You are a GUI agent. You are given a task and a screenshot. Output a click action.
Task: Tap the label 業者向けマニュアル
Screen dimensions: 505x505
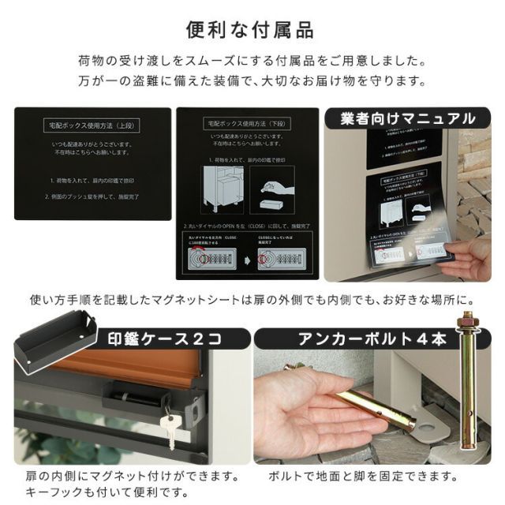click(x=407, y=119)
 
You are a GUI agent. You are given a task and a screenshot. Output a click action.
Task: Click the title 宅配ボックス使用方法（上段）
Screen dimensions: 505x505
click(x=93, y=126)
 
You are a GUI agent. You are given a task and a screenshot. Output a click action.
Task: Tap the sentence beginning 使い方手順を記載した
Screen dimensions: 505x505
click(x=252, y=300)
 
